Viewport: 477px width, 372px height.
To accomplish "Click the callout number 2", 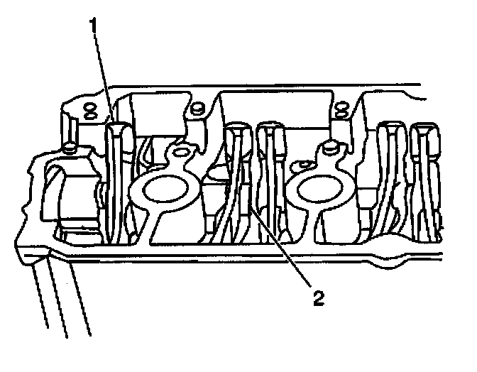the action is click(318, 297).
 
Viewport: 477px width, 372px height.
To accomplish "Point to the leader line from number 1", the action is click(104, 78).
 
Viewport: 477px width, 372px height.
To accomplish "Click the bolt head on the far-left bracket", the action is click(69, 149).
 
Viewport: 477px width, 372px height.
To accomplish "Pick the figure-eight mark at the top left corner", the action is click(89, 110).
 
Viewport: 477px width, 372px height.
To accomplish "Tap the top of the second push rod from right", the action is click(390, 130).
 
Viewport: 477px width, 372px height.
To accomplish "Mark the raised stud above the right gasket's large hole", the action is click(329, 148).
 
